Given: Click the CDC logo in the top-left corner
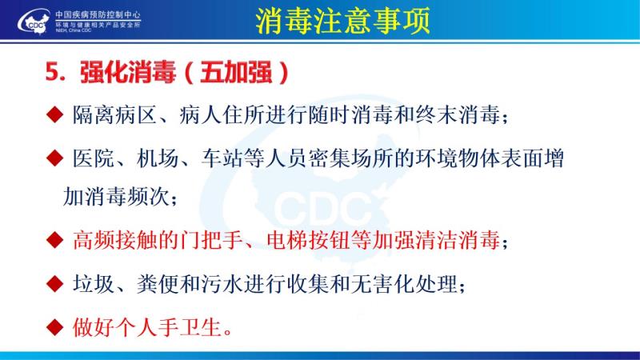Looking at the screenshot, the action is [x=34, y=22].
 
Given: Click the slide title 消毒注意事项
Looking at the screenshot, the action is [x=343, y=21].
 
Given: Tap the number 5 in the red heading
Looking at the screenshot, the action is [x=53, y=72].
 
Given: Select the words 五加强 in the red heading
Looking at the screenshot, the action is [x=236, y=73].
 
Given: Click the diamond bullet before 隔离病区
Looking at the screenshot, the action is [x=54, y=114].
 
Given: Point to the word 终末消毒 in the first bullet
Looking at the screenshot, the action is [x=458, y=114].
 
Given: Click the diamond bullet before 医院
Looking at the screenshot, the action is [x=54, y=158].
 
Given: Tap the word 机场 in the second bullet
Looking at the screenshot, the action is [x=158, y=158].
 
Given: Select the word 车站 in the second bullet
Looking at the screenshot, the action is [x=222, y=158].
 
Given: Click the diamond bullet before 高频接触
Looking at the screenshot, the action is [x=54, y=240].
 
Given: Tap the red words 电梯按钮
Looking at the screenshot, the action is [x=308, y=240].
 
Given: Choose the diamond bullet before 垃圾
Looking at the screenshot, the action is [x=54, y=284].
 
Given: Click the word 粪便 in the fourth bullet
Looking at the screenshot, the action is [x=158, y=284].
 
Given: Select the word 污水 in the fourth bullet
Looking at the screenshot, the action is [x=222, y=284].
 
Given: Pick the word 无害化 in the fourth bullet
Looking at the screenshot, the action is [x=383, y=284].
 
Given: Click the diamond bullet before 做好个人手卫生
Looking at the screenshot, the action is [x=54, y=327].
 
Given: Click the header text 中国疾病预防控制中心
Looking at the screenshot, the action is [x=98, y=14].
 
